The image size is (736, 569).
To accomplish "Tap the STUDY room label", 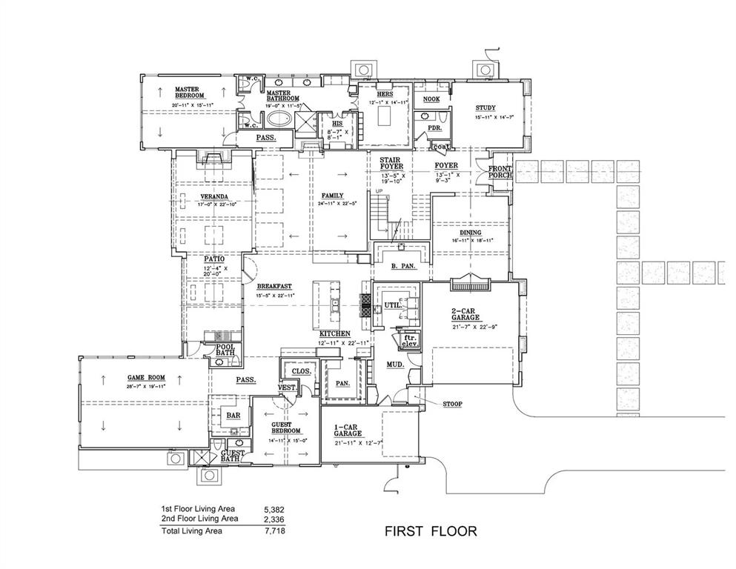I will click(x=485, y=108).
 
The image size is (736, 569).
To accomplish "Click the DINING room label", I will click(x=471, y=232).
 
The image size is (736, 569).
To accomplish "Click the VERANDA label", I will click(x=213, y=196).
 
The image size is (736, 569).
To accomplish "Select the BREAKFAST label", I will click(x=274, y=287).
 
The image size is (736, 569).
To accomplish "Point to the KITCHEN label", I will click(x=335, y=334).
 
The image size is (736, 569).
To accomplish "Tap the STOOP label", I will click(x=452, y=404).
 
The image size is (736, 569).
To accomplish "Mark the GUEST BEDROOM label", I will click(x=285, y=427).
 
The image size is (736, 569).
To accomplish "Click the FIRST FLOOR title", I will click(x=430, y=530).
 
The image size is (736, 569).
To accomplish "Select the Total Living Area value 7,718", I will click(x=274, y=530).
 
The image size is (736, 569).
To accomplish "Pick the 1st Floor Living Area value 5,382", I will click(x=274, y=510).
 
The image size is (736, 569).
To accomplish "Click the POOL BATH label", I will click(x=225, y=350).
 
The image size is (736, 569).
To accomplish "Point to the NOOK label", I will click(x=431, y=99).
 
